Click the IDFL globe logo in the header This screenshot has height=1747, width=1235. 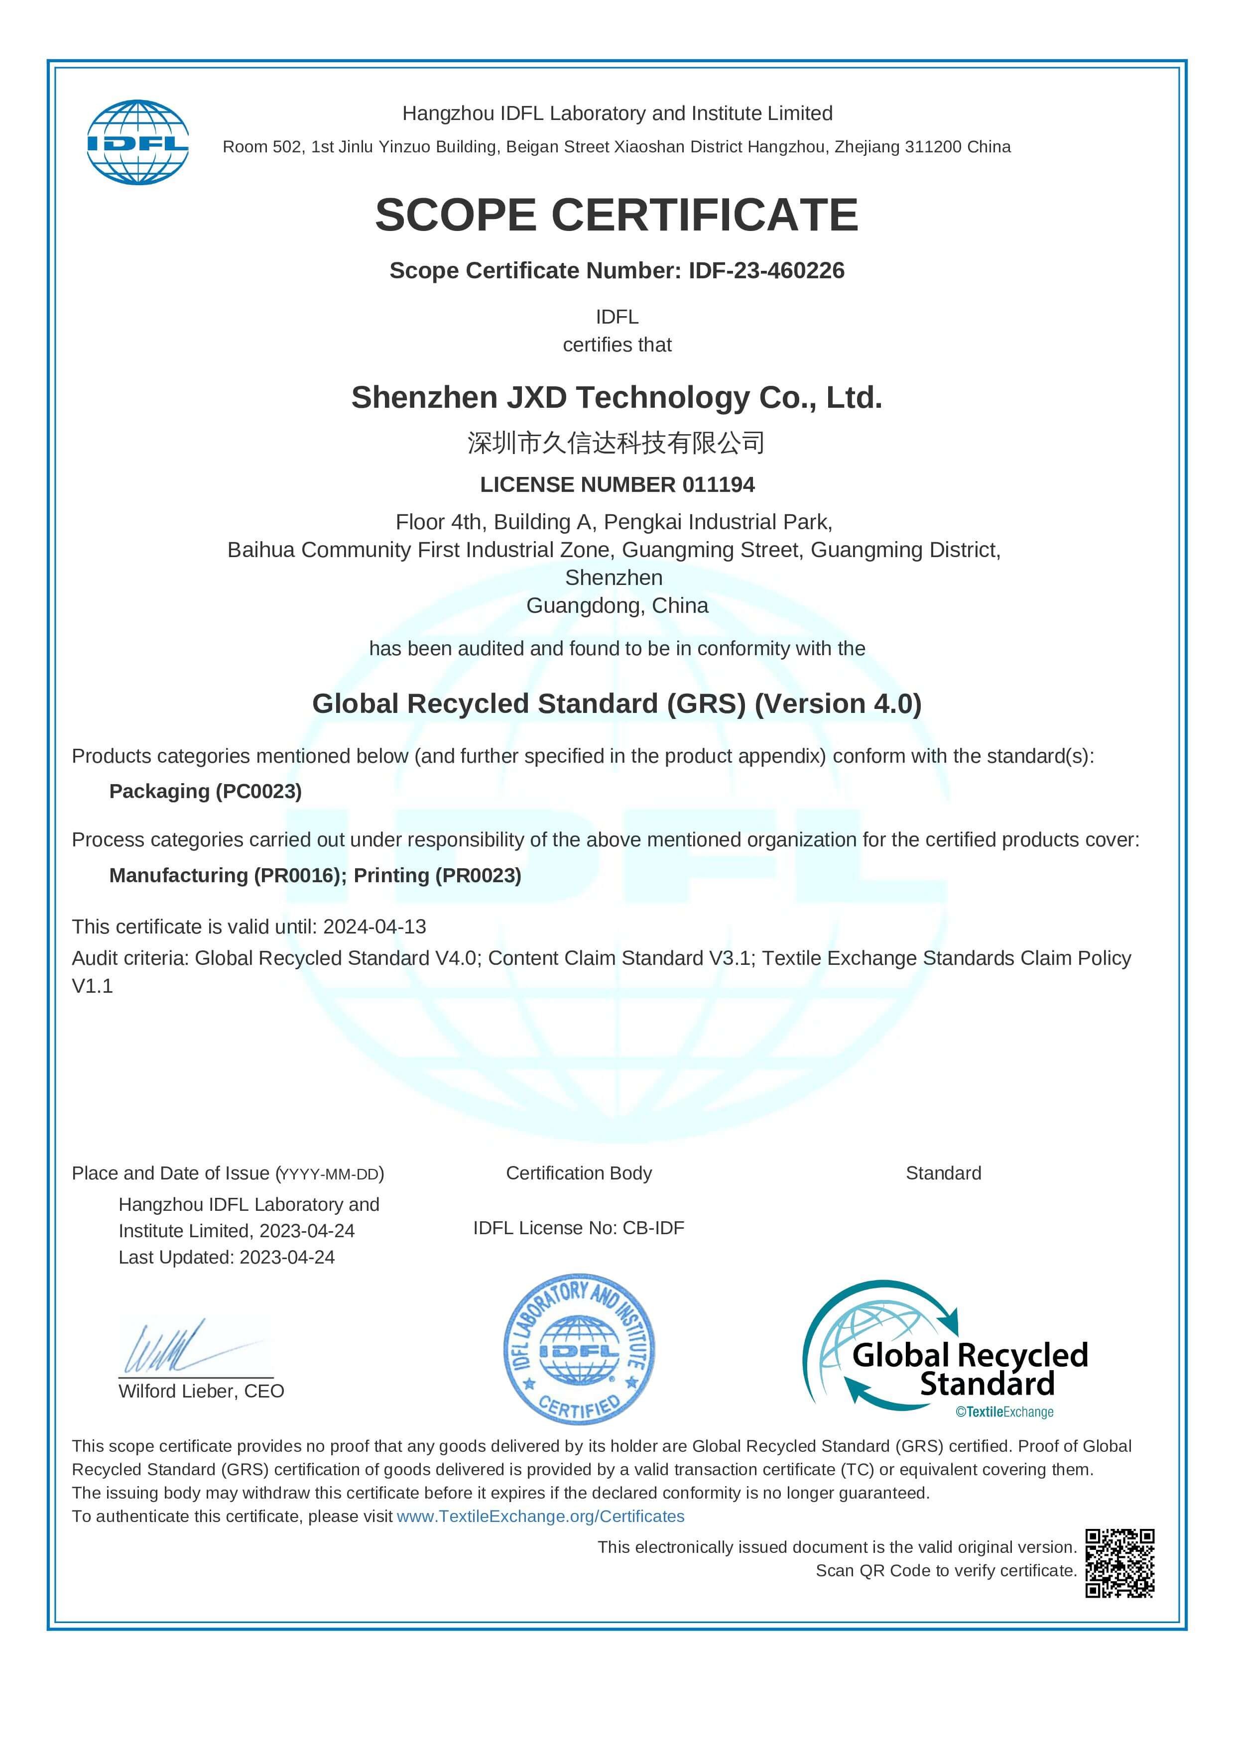pyautogui.click(x=138, y=142)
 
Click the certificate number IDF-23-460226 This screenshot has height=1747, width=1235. pyautogui.click(x=766, y=270)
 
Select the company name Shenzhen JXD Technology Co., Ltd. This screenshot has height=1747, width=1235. pyautogui.click(x=617, y=397)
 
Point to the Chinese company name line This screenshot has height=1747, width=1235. pyautogui.click(x=617, y=442)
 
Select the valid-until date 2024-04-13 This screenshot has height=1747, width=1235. pyautogui.click(x=374, y=927)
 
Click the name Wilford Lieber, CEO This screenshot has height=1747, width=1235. pyautogui.click(x=201, y=1391)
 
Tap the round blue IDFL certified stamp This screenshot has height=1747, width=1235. pyautogui.click(x=579, y=1349)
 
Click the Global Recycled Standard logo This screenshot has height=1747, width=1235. pyautogui.click(x=945, y=1349)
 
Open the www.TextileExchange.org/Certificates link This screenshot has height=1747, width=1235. pyautogui.click(x=540, y=1516)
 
